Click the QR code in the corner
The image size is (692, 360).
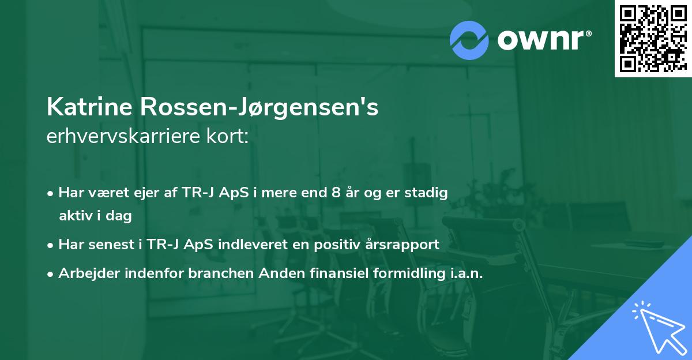pos(653,38)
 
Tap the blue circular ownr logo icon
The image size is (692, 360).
pos(469,40)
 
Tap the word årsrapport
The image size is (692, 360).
pos(404,244)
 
